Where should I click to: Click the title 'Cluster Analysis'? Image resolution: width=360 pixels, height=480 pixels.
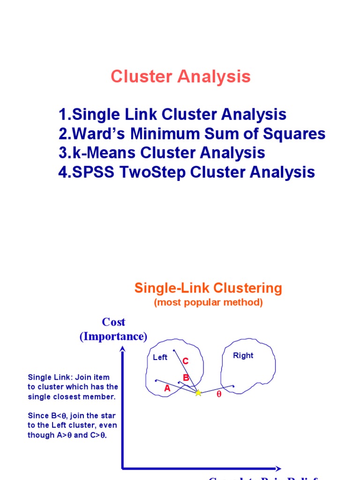click(x=180, y=77)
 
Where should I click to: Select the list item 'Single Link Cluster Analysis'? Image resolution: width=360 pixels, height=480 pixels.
click(x=172, y=114)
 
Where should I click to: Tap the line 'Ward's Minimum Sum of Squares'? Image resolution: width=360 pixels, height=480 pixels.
click(x=192, y=134)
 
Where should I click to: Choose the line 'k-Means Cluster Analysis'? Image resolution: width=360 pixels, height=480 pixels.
click(x=162, y=153)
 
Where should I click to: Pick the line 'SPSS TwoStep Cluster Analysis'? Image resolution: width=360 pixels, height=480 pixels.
click(x=187, y=172)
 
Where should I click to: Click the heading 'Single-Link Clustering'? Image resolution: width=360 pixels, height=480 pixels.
click(x=208, y=288)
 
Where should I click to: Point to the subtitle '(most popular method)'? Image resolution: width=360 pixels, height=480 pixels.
click(x=208, y=303)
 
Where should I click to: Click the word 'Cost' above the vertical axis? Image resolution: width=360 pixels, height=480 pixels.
click(x=113, y=322)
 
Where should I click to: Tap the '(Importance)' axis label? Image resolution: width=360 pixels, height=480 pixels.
click(x=113, y=337)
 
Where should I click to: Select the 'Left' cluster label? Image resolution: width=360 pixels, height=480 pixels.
click(x=160, y=358)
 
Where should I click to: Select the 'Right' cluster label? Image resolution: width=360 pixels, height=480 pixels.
click(x=243, y=356)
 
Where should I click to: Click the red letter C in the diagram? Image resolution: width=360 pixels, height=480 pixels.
click(x=186, y=361)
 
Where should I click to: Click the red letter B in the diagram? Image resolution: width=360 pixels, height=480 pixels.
click(x=186, y=377)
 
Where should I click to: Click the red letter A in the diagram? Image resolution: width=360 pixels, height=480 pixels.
click(x=167, y=389)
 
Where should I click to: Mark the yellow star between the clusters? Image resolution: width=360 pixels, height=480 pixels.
click(x=198, y=393)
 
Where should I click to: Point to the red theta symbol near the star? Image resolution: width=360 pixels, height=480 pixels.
click(x=218, y=395)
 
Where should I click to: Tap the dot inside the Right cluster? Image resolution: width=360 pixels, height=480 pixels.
click(x=233, y=386)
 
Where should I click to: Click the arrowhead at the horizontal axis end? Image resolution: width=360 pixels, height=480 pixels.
click(x=278, y=468)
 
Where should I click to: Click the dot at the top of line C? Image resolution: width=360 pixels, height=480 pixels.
click(x=173, y=350)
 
